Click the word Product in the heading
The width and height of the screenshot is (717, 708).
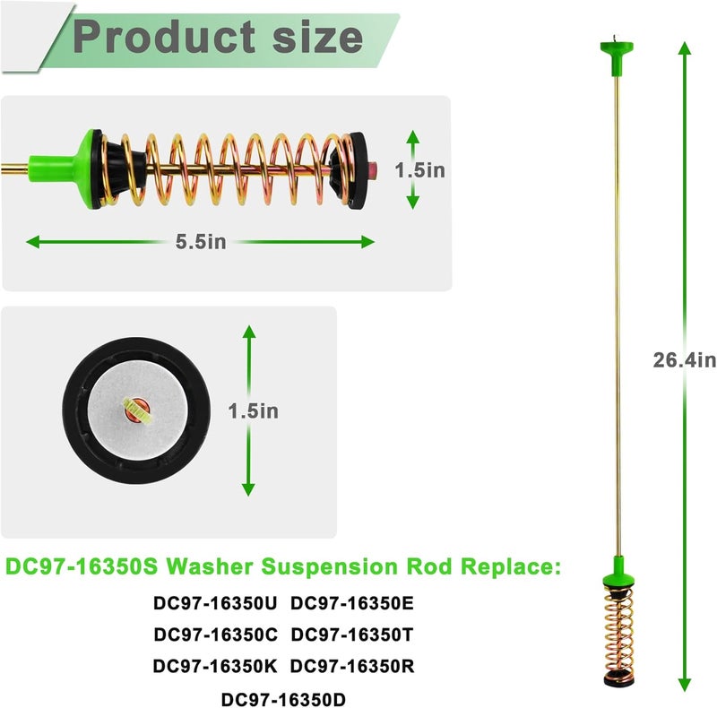pyautogui.click(x=164, y=38)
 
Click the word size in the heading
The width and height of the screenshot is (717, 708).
pyautogui.click(x=318, y=38)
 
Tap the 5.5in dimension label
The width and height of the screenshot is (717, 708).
pyautogui.click(x=201, y=241)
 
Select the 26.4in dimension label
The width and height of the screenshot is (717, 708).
pyautogui.click(x=684, y=360)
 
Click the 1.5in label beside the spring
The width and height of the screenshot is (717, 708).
pyautogui.click(x=419, y=170)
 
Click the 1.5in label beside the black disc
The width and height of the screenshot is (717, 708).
pyautogui.click(x=254, y=410)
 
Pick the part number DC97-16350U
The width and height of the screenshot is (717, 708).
pyautogui.click(x=215, y=603)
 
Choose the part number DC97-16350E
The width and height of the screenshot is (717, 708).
pyautogui.click(x=351, y=603)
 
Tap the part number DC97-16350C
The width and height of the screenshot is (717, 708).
pyautogui.click(x=215, y=635)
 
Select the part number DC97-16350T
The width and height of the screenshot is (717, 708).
pyautogui.click(x=351, y=635)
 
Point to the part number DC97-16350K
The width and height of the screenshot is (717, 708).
pyautogui.click(x=215, y=666)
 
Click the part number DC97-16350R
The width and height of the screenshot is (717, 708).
pyautogui.click(x=352, y=666)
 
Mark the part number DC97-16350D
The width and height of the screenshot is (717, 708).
pyautogui.click(x=283, y=699)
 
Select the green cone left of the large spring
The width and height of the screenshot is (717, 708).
pyautogui.click(x=69, y=168)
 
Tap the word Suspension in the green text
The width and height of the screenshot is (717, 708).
pyautogui.click(x=329, y=567)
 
